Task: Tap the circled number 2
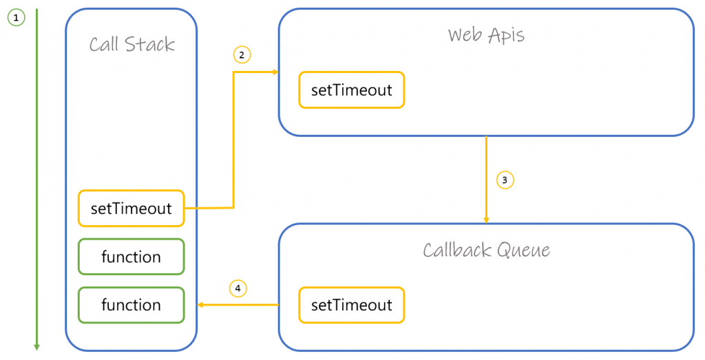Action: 242,55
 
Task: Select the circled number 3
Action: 505,180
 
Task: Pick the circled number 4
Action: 238,288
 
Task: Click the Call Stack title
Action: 131,45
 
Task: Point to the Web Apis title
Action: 485,35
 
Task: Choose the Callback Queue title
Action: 486,249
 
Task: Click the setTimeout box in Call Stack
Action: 131,209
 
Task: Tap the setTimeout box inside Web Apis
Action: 351,91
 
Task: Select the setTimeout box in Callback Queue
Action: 351,305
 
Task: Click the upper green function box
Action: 131,257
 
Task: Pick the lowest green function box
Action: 131,305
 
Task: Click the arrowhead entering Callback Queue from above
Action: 486,220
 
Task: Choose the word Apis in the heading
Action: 505,36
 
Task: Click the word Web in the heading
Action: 465,35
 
